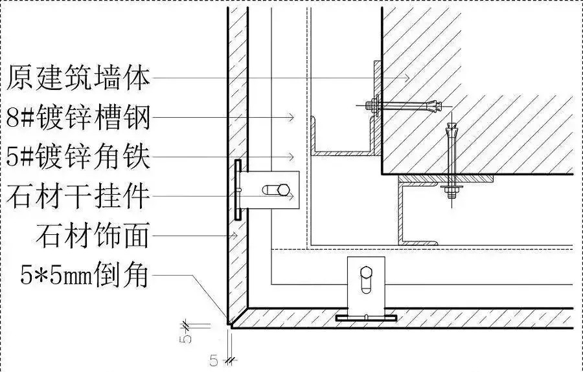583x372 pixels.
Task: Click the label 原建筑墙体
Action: click(x=78, y=78)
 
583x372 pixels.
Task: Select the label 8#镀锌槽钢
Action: click(x=78, y=118)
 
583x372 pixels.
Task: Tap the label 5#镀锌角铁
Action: click(x=78, y=157)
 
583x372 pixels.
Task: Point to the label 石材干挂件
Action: click(x=78, y=196)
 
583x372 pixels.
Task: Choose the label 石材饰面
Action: click(x=93, y=235)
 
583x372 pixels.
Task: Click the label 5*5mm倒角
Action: click(x=84, y=275)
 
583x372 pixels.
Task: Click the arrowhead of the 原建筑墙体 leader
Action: click(x=407, y=78)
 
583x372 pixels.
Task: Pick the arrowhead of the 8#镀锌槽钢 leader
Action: click(x=291, y=117)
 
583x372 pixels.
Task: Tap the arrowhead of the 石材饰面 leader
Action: click(x=234, y=235)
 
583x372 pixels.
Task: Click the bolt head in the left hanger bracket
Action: click(x=283, y=190)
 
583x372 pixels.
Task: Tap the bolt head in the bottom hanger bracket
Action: click(x=366, y=272)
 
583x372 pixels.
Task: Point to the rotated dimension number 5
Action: click(x=186, y=333)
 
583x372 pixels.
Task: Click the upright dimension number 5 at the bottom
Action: click(x=213, y=360)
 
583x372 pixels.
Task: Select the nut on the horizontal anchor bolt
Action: click(x=371, y=105)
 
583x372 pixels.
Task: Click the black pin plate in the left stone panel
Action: click(x=238, y=190)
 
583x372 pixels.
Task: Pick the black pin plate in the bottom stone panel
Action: click(x=366, y=318)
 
